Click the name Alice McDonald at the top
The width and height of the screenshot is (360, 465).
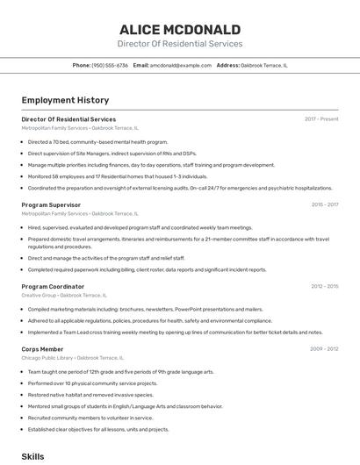(x=180, y=29)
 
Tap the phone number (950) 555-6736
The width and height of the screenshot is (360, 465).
(x=110, y=65)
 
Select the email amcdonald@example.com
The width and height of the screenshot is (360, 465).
(x=181, y=65)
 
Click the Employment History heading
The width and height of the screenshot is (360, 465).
(x=65, y=100)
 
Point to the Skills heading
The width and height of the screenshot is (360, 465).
(x=32, y=456)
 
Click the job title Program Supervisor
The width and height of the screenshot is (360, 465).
(x=51, y=204)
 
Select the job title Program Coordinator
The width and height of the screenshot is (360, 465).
(x=53, y=286)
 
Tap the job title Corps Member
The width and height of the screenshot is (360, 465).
(x=42, y=348)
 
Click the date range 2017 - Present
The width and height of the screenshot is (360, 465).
(x=321, y=118)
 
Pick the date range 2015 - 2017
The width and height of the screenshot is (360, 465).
(x=325, y=204)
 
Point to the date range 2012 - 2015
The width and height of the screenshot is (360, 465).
(x=325, y=286)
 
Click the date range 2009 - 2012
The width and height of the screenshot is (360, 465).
(x=325, y=348)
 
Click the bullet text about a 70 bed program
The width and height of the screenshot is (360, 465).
(x=97, y=141)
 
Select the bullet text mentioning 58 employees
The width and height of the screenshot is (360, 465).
(x=118, y=175)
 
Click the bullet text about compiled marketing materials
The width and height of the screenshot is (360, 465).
(x=145, y=309)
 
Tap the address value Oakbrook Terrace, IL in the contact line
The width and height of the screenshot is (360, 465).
(x=264, y=65)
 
